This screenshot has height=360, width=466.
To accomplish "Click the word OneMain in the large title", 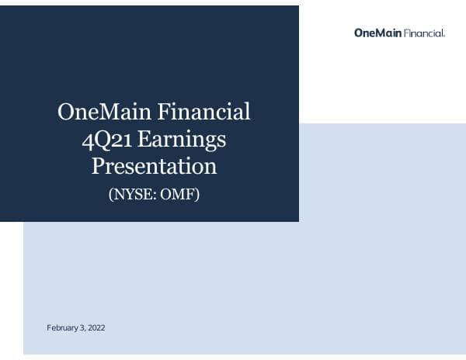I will [x=104, y=112].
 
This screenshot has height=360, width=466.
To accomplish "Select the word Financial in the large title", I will [x=204, y=112].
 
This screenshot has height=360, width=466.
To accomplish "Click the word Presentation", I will [x=154, y=167].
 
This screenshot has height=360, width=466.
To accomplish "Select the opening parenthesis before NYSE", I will [x=111, y=194].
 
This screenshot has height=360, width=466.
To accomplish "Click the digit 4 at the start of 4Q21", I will [x=88, y=140].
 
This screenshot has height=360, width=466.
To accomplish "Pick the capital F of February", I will [x=49, y=328].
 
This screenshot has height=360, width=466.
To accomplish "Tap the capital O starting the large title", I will [x=66, y=112].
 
